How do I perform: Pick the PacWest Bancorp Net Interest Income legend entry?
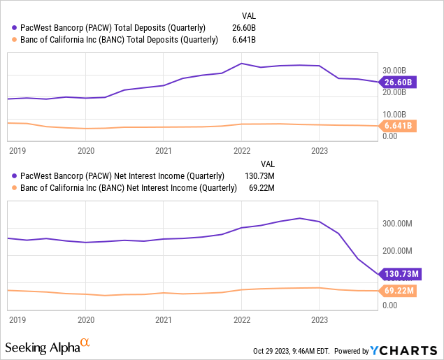click(120, 175)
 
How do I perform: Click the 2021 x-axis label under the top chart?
click(164, 150)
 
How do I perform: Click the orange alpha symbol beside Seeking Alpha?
click(85, 343)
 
